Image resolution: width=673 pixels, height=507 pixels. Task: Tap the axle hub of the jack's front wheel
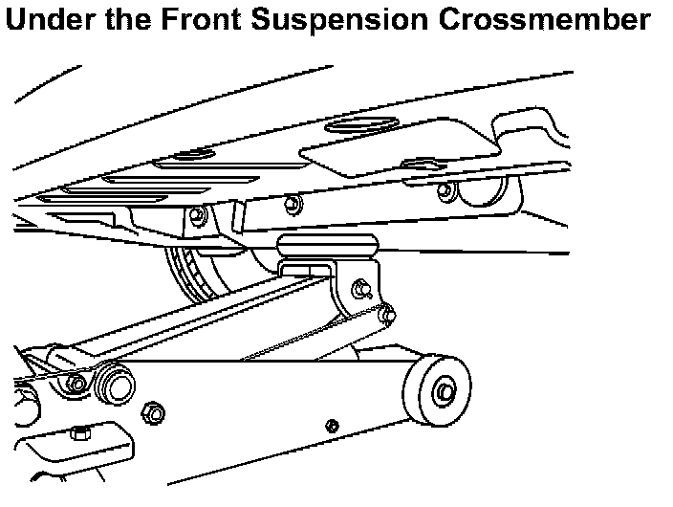(x=445, y=391)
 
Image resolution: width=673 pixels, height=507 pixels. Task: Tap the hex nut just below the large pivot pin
(x=149, y=412)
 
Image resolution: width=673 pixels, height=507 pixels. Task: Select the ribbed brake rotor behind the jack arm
(x=196, y=272)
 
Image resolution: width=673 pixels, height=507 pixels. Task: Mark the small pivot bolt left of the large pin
(x=76, y=385)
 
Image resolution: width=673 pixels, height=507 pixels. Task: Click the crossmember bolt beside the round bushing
(x=443, y=191)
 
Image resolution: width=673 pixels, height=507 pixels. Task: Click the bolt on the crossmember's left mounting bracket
(x=198, y=216)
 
